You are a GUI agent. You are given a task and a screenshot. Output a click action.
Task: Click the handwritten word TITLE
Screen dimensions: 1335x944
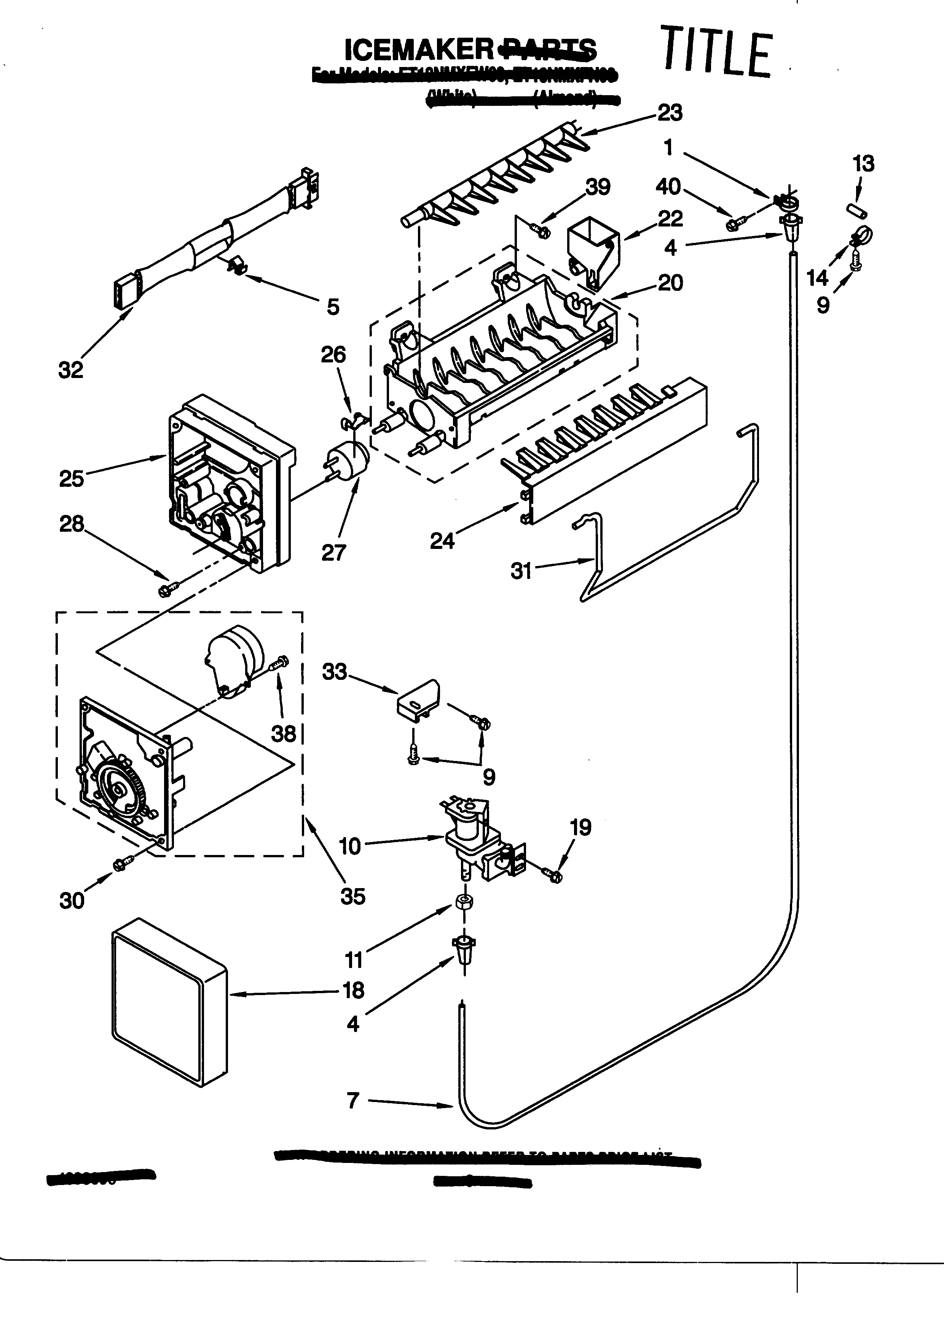tap(717, 52)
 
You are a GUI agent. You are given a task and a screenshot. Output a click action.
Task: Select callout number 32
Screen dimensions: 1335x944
tap(70, 370)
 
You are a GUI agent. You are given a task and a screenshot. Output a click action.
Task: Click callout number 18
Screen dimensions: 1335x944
tap(353, 990)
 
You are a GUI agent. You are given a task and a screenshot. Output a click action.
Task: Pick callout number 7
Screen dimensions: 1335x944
tap(353, 1100)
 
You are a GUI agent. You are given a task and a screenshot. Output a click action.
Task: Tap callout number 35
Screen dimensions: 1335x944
tap(353, 896)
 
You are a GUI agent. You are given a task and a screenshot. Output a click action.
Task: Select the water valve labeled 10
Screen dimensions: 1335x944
tap(475, 838)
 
